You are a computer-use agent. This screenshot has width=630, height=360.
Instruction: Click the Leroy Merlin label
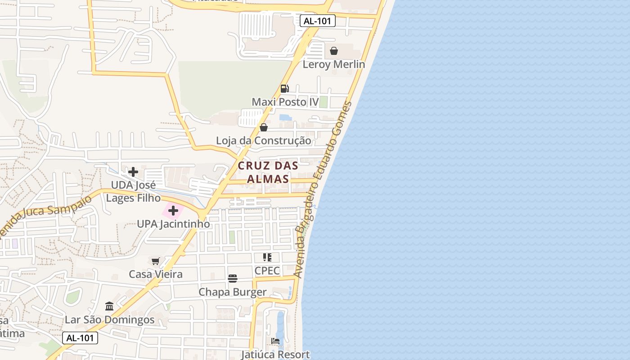pyautogui.click(x=333, y=64)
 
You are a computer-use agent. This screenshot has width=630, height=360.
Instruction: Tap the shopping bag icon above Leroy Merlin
pyautogui.click(x=333, y=51)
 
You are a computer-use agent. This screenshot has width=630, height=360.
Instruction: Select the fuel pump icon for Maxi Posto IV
pyautogui.click(x=284, y=89)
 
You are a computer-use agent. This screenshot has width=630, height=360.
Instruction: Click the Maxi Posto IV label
pyautogui.click(x=285, y=102)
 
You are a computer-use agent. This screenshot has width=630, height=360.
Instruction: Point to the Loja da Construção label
pyautogui.click(x=263, y=141)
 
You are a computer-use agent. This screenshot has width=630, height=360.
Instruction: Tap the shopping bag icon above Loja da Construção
pyautogui.click(x=264, y=127)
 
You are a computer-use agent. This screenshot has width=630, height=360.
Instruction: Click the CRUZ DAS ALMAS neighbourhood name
pyautogui.click(x=268, y=172)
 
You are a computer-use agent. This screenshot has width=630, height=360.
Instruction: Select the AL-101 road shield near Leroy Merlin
pyautogui.click(x=318, y=21)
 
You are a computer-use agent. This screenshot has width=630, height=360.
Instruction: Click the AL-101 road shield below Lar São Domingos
pyautogui.click(x=80, y=338)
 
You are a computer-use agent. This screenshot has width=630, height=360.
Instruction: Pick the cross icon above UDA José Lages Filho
pyautogui.click(x=133, y=172)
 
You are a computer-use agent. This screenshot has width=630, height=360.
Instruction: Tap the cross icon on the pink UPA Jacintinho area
pyautogui.click(x=173, y=211)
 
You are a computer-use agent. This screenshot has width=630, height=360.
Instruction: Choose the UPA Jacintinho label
pyautogui.click(x=173, y=224)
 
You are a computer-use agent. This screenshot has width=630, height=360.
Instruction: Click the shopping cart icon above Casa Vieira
pyautogui.click(x=156, y=261)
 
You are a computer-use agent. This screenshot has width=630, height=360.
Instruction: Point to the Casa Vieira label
pyautogui.click(x=156, y=274)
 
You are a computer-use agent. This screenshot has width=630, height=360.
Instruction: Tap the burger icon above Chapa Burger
pyautogui.click(x=232, y=279)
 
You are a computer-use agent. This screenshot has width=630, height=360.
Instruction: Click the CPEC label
pyautogui.click(x=267, y=270)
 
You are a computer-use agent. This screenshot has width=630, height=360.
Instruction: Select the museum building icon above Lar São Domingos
pyautogui.click(x=109, y=306)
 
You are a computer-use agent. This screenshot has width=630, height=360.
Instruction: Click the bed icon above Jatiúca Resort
pyautogui.click(x=275, y=341)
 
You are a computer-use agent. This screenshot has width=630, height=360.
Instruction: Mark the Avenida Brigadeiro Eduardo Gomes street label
pyautogui.click(x=323, y=189)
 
